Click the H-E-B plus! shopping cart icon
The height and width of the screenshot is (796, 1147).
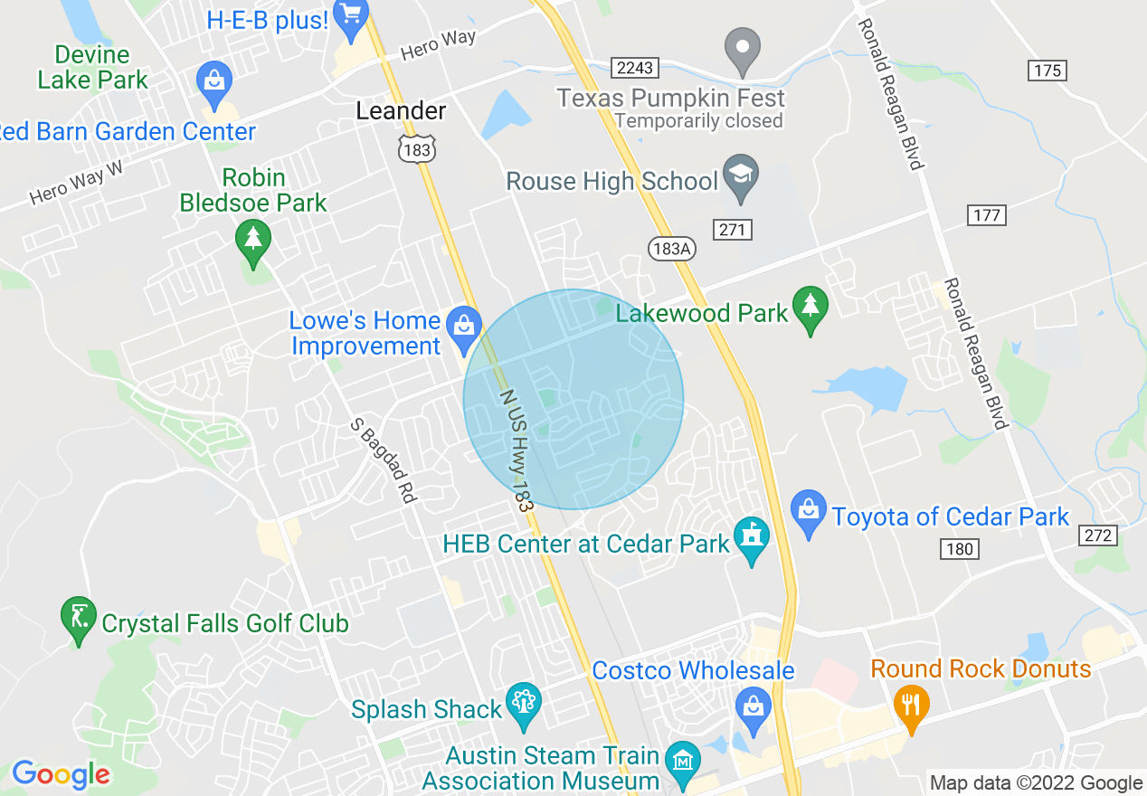[x=350, y=16]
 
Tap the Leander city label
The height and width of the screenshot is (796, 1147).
[x=401, y=111]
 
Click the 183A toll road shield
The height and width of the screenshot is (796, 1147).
[x=671, y=249]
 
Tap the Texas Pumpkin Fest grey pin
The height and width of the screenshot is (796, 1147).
[x=744, y=49]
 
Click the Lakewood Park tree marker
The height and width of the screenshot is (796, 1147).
[x=810, y=309]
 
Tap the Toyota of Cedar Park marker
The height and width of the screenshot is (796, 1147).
[x=808, y=512]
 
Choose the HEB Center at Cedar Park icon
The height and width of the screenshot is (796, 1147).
[x=751, y=537]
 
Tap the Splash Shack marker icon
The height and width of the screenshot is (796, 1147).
[x=523, y=703]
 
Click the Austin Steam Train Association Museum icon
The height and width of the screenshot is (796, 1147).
[x=681, y=762]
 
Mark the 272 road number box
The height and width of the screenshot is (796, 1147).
[x=1098, y=535]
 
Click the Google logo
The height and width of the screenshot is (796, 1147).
[x=60, y=774]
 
